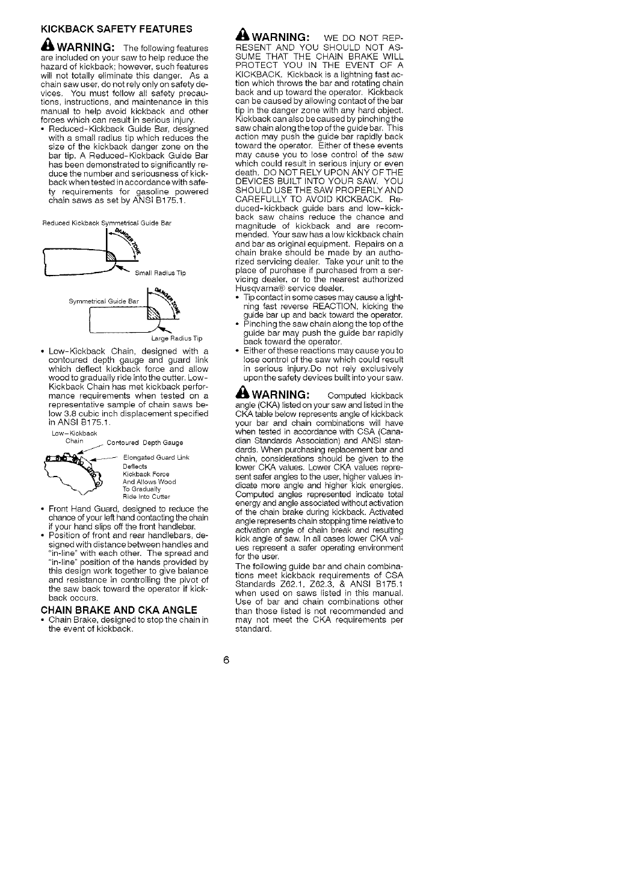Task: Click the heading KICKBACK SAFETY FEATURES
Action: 116,28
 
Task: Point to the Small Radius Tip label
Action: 161,273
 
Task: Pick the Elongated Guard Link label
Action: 156,458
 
